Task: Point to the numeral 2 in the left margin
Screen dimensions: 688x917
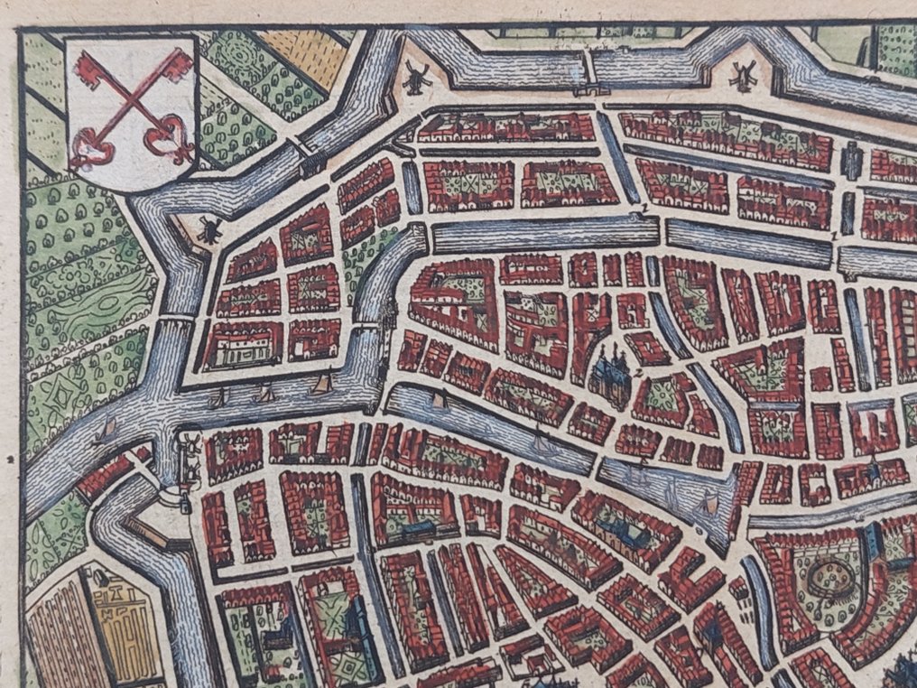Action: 8,460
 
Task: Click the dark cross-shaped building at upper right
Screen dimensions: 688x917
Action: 852,162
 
